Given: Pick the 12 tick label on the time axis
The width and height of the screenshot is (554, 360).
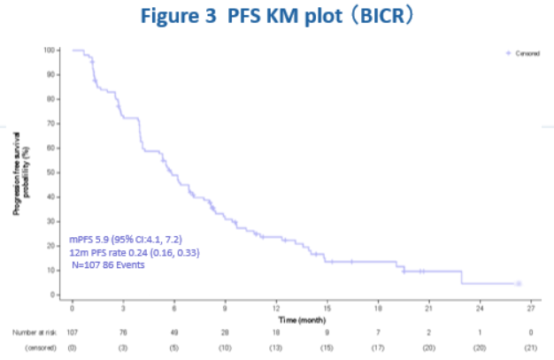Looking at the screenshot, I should coord(276,307).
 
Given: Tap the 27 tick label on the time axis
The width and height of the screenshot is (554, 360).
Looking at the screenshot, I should coord(531,307).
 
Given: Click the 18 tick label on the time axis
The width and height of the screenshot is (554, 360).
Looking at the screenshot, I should coord(378,307).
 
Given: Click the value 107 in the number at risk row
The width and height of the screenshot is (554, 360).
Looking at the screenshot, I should coord(73,332).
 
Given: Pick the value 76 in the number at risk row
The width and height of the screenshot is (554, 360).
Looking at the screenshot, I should coord(123,332).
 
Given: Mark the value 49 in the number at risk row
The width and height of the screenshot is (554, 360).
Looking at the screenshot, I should coord(174,332).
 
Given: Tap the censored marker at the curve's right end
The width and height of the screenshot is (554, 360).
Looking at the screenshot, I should coord(519,283).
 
